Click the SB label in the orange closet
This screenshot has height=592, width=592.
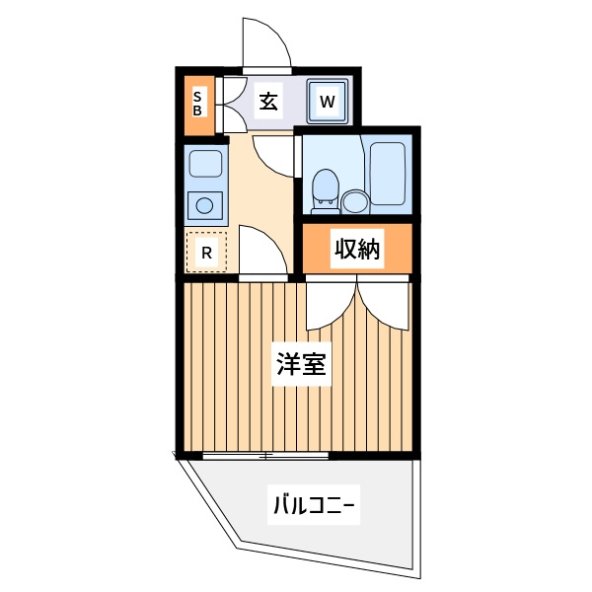(197, 104)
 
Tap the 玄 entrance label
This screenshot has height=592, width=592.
(268, 102)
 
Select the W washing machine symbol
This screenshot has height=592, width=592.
(328, 102)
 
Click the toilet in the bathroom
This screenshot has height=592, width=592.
(326, 191)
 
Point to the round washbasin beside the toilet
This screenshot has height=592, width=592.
(355, 201)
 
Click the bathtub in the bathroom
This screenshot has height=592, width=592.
(388, 174)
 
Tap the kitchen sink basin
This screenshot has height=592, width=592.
(205, 164)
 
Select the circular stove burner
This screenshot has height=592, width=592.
(204, 206)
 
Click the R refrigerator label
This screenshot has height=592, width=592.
(206, 253)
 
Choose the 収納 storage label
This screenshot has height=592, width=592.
(357, 249)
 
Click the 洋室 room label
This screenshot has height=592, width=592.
(301, 363)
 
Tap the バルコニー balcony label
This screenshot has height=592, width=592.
(314, 504)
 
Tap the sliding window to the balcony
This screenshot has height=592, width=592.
(265, 456)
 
